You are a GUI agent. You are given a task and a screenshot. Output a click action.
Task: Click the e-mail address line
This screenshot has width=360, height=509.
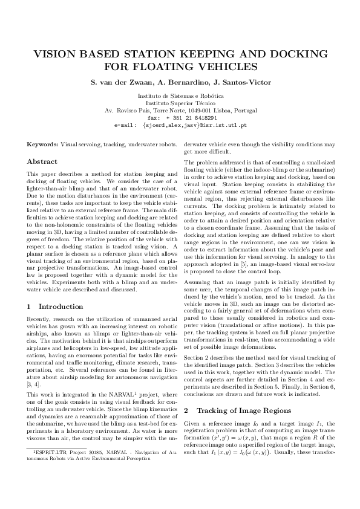point(180,125)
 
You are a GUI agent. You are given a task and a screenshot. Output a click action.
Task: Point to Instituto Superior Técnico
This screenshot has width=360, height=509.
point(180,103)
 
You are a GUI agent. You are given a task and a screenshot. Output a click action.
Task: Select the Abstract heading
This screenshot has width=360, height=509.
point(42,162)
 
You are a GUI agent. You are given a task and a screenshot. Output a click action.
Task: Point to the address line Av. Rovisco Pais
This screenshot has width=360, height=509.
point(180,111)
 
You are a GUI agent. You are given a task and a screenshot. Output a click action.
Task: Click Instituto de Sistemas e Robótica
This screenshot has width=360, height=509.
point(180,96)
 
